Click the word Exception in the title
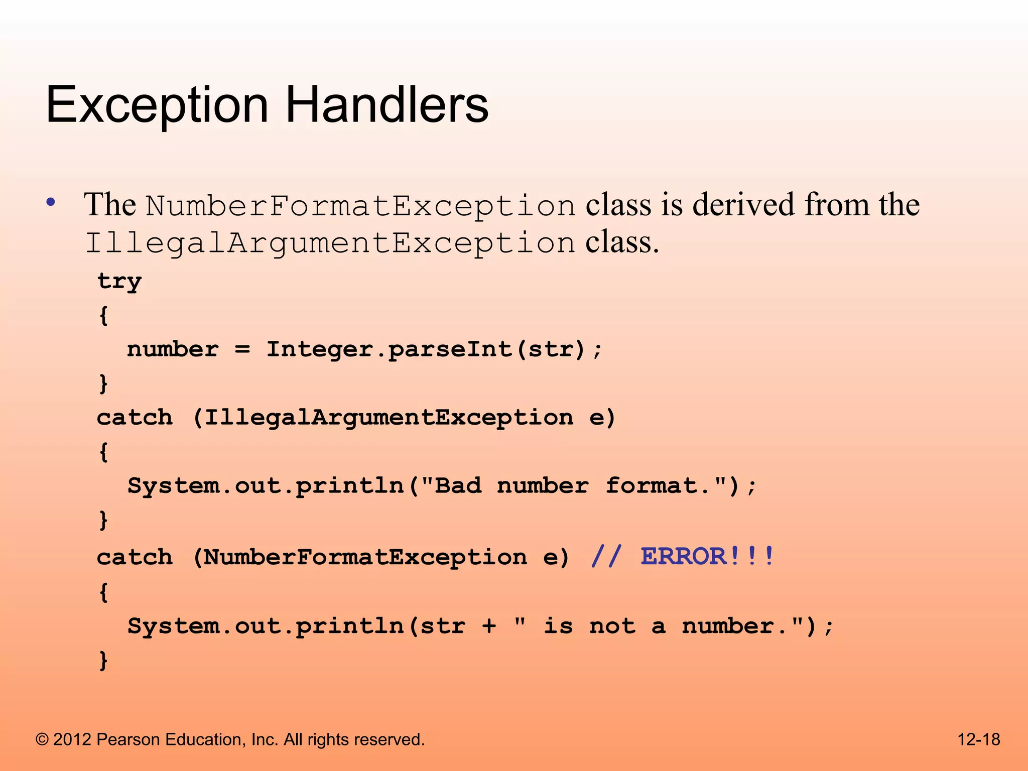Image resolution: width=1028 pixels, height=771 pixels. (157, 105)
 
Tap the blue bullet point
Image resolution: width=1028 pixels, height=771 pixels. (51, 203)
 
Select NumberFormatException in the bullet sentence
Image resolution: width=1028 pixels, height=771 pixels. (360, 206)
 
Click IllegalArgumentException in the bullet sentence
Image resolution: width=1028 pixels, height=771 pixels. (330, 243)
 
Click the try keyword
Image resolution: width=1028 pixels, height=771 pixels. (119, 281)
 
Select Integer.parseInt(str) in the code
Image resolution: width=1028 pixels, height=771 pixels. (426, 349)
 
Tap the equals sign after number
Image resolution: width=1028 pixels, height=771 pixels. (242, 349)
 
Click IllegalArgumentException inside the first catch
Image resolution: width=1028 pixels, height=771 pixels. (389, 418)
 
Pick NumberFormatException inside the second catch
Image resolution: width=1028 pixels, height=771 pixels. (365, 557)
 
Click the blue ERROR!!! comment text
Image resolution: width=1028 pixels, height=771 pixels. (708, 556)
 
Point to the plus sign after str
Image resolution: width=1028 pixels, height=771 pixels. (489, 626)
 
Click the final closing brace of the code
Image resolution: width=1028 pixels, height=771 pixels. (103, 660)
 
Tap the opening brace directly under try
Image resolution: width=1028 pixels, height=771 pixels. (103, 316)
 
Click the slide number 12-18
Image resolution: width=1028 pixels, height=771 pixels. (978, 739)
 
